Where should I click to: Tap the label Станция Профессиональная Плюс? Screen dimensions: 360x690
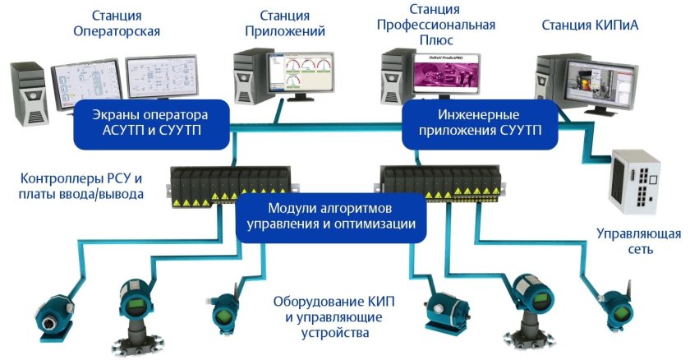tap(435, 24)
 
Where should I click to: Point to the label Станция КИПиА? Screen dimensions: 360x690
tap(590, 25)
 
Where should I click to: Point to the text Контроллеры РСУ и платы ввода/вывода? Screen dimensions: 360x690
tap(80, 187)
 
